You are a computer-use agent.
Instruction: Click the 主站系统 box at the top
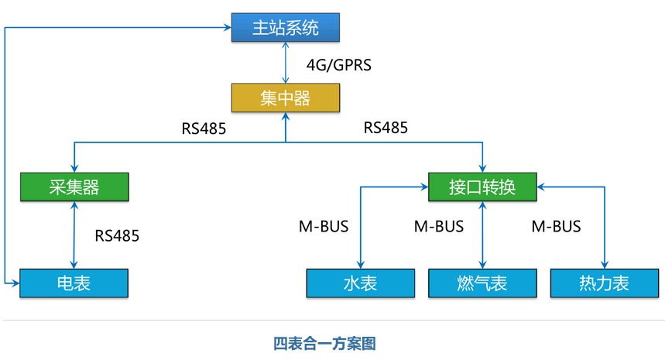(286, 28)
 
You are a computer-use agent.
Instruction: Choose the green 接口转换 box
(482, 187)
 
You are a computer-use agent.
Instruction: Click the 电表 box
(74, 283)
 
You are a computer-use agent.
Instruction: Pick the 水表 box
(360, 283)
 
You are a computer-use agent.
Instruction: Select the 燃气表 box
(482, 283)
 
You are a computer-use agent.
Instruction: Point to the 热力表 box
(604, 283)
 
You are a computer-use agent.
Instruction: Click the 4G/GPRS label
(339, 65)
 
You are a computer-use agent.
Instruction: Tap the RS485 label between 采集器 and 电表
(117, 236)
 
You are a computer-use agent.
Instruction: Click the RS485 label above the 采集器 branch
(204, 129)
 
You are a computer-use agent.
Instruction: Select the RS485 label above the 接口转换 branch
(386, 128)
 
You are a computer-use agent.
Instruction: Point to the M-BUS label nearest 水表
(324, 227)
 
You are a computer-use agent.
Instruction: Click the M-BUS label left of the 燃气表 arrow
(439, 227)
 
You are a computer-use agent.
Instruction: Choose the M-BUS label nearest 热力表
(556, 227)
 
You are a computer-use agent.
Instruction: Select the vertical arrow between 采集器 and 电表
(74, 235)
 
